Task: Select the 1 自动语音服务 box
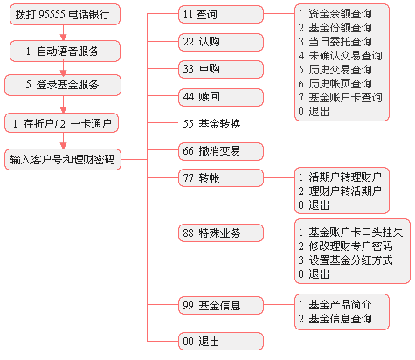(x=65, y=52)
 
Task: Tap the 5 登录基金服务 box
(x=63, y=85)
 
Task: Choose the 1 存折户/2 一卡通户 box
(x=61, y=123)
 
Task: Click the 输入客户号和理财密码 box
(x=63, y=160)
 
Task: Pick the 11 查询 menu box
(x=221, y=14)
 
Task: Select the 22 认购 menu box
(x=221, y=42)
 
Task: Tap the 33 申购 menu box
(x=221, y=69)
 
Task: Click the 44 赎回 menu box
(x=221, y=97)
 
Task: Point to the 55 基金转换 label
(x=211, y=124)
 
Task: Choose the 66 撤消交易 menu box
(x=221, y=151)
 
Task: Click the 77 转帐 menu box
(x=221, y=177)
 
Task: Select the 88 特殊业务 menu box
(x=221, y=232)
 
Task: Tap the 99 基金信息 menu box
(x=221, y=305)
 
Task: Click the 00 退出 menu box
(x=221, y=341)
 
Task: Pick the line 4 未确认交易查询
(x=340, y=56)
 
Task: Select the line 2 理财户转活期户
(x=340, y=191)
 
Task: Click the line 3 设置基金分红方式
(x=345, y=260)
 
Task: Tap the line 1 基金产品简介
(x=335, y=305)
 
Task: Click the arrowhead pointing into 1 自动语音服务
(x=63, y=38)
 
